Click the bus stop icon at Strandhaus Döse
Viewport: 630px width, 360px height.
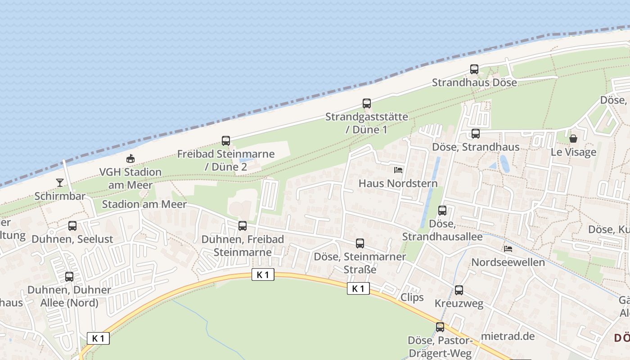474,69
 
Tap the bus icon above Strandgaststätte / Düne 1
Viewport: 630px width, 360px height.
367,103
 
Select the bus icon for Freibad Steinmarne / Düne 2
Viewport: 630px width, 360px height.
226,141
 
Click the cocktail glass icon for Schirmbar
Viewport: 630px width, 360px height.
59,183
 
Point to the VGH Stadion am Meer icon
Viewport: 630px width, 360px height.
130,158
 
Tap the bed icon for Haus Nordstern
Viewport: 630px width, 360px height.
398,170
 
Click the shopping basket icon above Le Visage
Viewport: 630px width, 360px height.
573,139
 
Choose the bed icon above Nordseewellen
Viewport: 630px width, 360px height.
508,248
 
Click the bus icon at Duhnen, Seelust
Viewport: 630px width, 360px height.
72,226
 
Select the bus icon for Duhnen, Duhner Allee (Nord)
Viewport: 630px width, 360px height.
69,277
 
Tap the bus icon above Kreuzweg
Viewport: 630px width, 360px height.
459,290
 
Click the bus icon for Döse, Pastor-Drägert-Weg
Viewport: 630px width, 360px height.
440,327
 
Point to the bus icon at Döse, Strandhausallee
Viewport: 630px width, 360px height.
442,211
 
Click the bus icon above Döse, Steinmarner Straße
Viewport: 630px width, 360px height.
360,243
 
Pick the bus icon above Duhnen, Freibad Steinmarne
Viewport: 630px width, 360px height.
243,226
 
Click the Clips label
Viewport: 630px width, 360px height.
412,297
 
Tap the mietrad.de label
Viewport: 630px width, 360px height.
508,336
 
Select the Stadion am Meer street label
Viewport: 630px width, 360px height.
144,204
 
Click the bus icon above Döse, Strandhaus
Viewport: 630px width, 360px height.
476,134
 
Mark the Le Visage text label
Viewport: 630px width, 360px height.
573,152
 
